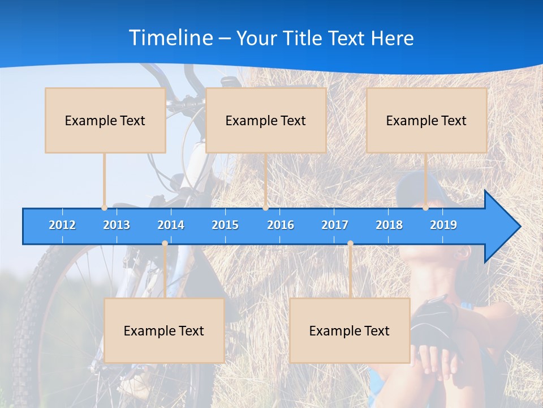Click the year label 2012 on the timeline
pyautogui.click(x=62, y=225)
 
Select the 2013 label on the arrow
pyautogui.click(x=117, y=225)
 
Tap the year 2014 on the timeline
pyautogui.click(x=171, y=225)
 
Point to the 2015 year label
pyautogui.click(x=225, y=225)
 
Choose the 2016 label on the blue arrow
pyautogui.click(x=281, y=225)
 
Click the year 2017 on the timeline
pyautogui.click(x=335, y=225)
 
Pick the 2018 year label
pyautogui.click(x=389, y=225)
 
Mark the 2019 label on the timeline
pyautogui.click(x=443, y=225)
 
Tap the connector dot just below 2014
pyautogui.click(x=165, y=244)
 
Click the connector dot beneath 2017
pyautogui.click(x=350, y=244)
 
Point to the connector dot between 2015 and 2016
pyautogui.click(x=265, y=208)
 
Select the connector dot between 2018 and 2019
pyautogui.click(x=426, y=208)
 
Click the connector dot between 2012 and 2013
pyautogui.click(x=104, y=208)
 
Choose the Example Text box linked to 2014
pyautogui.click(x=164, y=330)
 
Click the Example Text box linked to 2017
pyautogui.click(x=350, y=330)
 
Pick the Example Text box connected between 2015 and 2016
pyautogui.click(x=266, y=120)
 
